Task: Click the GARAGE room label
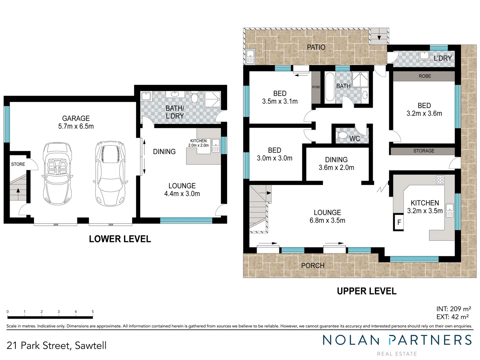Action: tap(76, 118)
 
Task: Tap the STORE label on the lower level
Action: tap(18, 164)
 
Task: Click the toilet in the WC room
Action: tap(342, 135)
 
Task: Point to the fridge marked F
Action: tap(399, 222)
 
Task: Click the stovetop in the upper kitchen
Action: tap(440, 180)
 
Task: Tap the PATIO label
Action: tap(316, 47)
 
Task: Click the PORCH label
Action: tap(312, 266)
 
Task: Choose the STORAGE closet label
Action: tap(424, 151)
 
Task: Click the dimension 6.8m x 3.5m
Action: tap(327, 220)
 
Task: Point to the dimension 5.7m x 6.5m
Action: tap(76, 126)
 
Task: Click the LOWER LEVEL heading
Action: tap(120, 239)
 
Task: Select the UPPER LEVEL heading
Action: tap(366, 291)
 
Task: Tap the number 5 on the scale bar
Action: tap(93, 312)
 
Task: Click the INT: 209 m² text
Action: tap(453, 309)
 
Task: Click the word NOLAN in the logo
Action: tap(351, 340)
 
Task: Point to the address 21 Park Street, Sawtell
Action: tap(56, 346)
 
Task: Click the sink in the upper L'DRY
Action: tap(424, 55)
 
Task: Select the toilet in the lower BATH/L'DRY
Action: tap(195, 98)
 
